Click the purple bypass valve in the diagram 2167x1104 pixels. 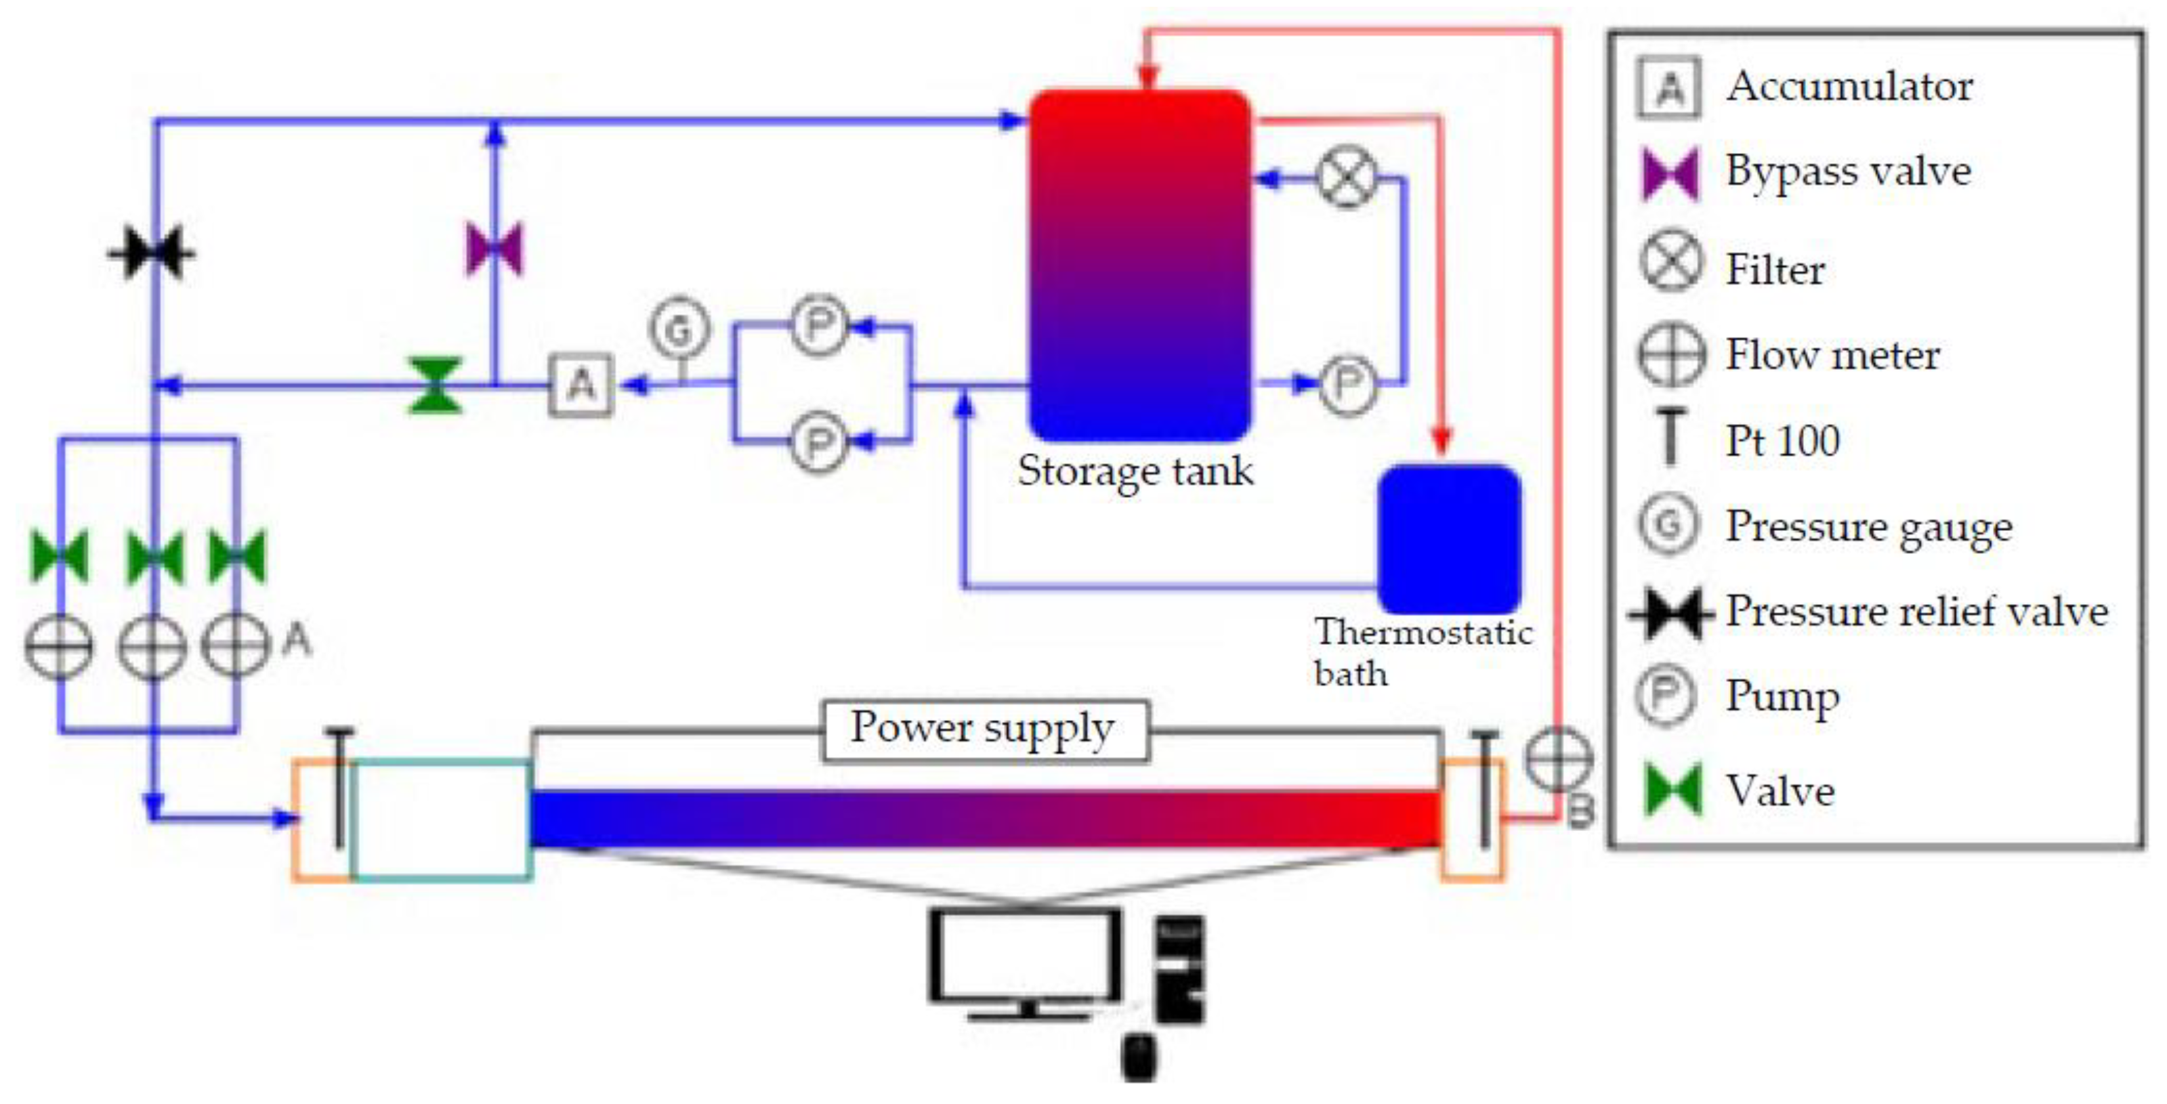[x=495, y=250]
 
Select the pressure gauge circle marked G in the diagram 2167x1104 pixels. [x=679, y=328]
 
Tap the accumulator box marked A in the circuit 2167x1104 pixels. [x=581, y=385]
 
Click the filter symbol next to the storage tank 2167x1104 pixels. [x=1347, y=177]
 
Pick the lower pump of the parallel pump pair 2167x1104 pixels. [x=818, y=441]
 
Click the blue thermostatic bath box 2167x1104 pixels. [x=1448, y=539]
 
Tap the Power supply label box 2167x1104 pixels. [x=984, y=730]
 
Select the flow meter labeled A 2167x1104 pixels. [x=236, y=645]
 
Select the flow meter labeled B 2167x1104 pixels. [x=1558, y=759]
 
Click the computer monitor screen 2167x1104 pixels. [x=1026, y=955]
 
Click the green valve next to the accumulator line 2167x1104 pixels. [x=435, y=386]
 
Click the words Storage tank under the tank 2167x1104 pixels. [x=1135, y=471]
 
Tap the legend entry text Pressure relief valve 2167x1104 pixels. [x=1916, y=612]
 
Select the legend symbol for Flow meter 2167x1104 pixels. [x=1670, y=355]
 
